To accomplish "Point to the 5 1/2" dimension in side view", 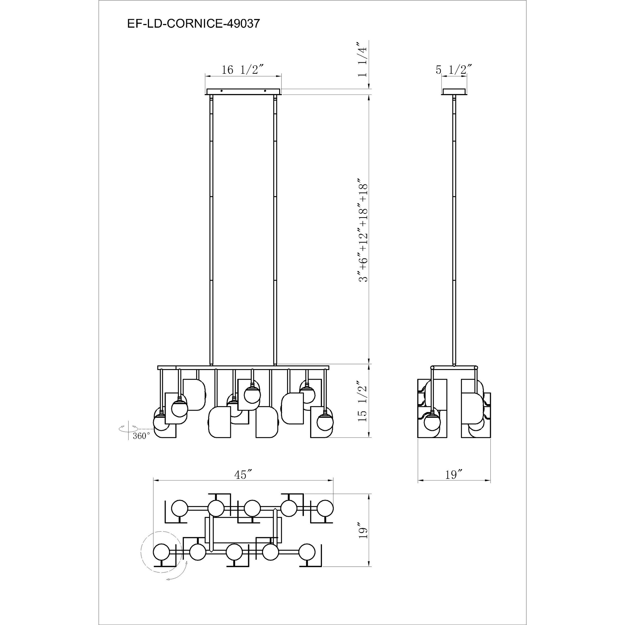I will pos(454,70).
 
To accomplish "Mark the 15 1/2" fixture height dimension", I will pos(363,403).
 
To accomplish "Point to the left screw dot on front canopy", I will pos(222,91).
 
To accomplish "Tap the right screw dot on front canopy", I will pos(265,91).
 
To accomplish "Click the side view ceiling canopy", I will pos(454,92).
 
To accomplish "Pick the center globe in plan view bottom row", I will pos(234,552).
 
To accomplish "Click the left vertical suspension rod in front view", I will pos(212,230).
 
